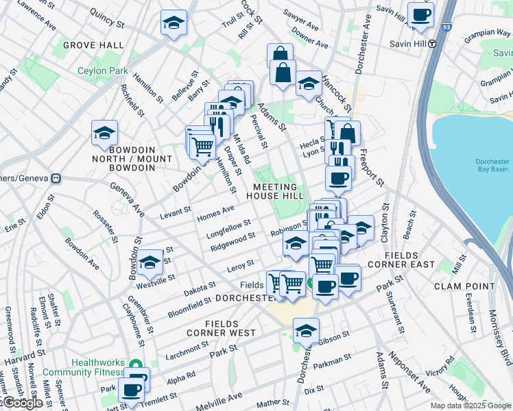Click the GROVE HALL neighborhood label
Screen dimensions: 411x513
pyautogui.click(x=93, y=45)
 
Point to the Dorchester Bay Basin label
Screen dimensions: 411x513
pyautogui.click(x=492, y=166)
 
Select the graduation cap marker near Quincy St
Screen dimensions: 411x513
pyautogui.click(x=174, y=23)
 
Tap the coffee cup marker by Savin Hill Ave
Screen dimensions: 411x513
pyautogui.click(x=420, y=14)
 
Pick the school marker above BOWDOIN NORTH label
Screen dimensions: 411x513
pyautogui.click(x=104, y=132)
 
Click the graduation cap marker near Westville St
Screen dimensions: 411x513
pyautogui.click(x=150, y=262)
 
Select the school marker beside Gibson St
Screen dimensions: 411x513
pyautogui.click(x=305, y=331)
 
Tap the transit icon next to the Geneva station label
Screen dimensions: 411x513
pyautogui.click(x=56, y=178)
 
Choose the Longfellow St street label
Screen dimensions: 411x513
pyautogui.click(x=228, y=227)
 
